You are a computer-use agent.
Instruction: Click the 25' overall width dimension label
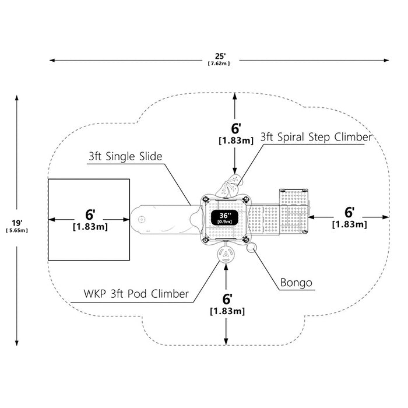click(x=220, y=56)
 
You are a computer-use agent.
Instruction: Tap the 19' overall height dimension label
click(x=17, y=223)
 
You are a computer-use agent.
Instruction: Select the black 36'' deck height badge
click(x=224, y=217)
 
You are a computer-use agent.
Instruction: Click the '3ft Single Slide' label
click(x=125, y=156)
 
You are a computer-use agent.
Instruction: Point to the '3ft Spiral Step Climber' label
click(x=316, y=137)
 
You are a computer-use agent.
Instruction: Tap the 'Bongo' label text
click(x=296, y=282)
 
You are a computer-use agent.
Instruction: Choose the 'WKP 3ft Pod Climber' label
click(x=136, y=294)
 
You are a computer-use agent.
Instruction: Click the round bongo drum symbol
click(x=252, y=248)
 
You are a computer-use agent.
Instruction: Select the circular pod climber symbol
click(x=226, y=255)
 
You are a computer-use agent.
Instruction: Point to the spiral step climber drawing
click(x=229, y=186)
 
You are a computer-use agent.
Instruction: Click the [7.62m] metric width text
click(x=219, y=63)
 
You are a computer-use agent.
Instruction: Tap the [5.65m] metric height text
click(x=17, y=230)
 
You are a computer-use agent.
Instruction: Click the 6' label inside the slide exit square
click(x=90, y=214)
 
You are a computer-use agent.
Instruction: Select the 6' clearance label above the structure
click(x=236, y=129)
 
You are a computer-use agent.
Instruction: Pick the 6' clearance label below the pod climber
click(x=227, y=299)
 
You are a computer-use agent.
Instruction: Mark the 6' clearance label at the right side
click(x=350, y=212)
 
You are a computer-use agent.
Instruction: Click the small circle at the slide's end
click(x=141, y=219)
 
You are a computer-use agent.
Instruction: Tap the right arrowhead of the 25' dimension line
click(x=386, y=61)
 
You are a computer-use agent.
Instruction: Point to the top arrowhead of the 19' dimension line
click(x=17, y=98)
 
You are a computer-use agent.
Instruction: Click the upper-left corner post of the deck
click(x=206, y=199)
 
